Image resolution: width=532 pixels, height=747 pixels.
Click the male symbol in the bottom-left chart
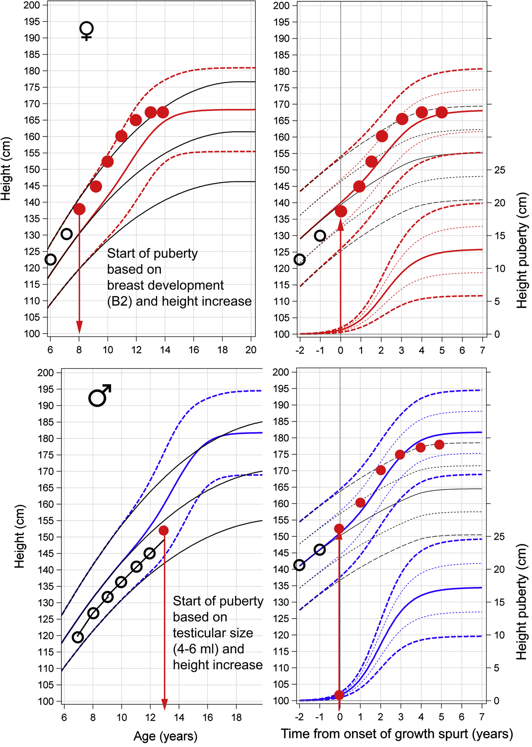[99, 395]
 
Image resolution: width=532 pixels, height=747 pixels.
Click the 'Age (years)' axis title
[165, 736]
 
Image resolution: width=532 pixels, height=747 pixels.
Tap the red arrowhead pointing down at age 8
[79, 327]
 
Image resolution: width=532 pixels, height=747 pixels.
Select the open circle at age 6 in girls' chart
[50, 260]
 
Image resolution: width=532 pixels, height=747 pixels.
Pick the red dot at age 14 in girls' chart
[163, 112]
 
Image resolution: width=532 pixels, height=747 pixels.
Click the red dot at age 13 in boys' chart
[164, 531]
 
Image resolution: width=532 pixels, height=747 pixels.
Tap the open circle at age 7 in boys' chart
[78, 637]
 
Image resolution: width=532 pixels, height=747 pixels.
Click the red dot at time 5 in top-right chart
[441, 112]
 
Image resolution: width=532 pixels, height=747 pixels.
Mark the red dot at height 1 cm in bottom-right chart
[339, 695]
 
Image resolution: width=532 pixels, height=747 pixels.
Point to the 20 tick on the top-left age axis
[251, 350]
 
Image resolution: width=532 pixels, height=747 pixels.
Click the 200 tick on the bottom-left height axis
[46, 373]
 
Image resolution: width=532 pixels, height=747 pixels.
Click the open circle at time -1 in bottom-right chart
[320, 550]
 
